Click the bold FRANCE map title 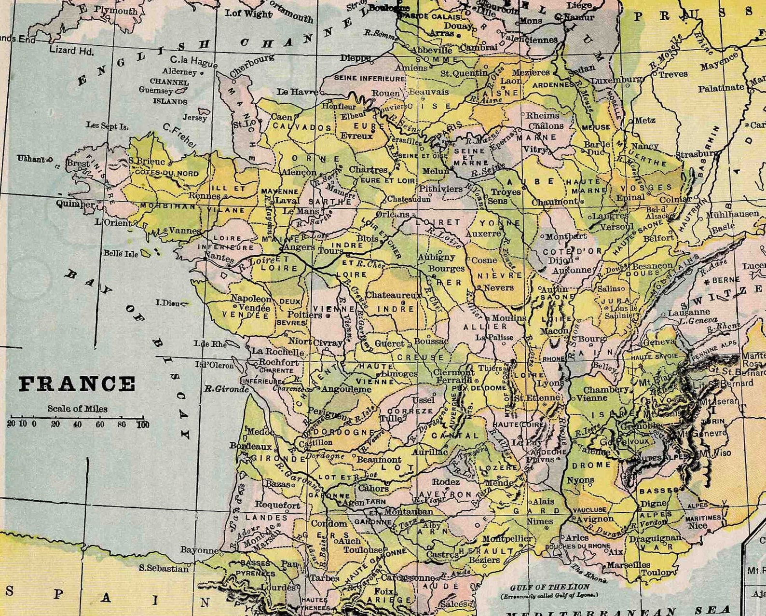(77, 384)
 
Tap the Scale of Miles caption (77, 409)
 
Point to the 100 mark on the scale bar (142, 424)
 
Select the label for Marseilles (629, 565)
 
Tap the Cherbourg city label (251, 66)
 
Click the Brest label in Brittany (78, 163)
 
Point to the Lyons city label (550, 383)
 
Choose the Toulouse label (363, 550)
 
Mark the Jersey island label (194, 117)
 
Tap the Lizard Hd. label (71, 50)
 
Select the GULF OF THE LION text (550, 587)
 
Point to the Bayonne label (199, 550)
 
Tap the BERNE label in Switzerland (726, 280)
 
